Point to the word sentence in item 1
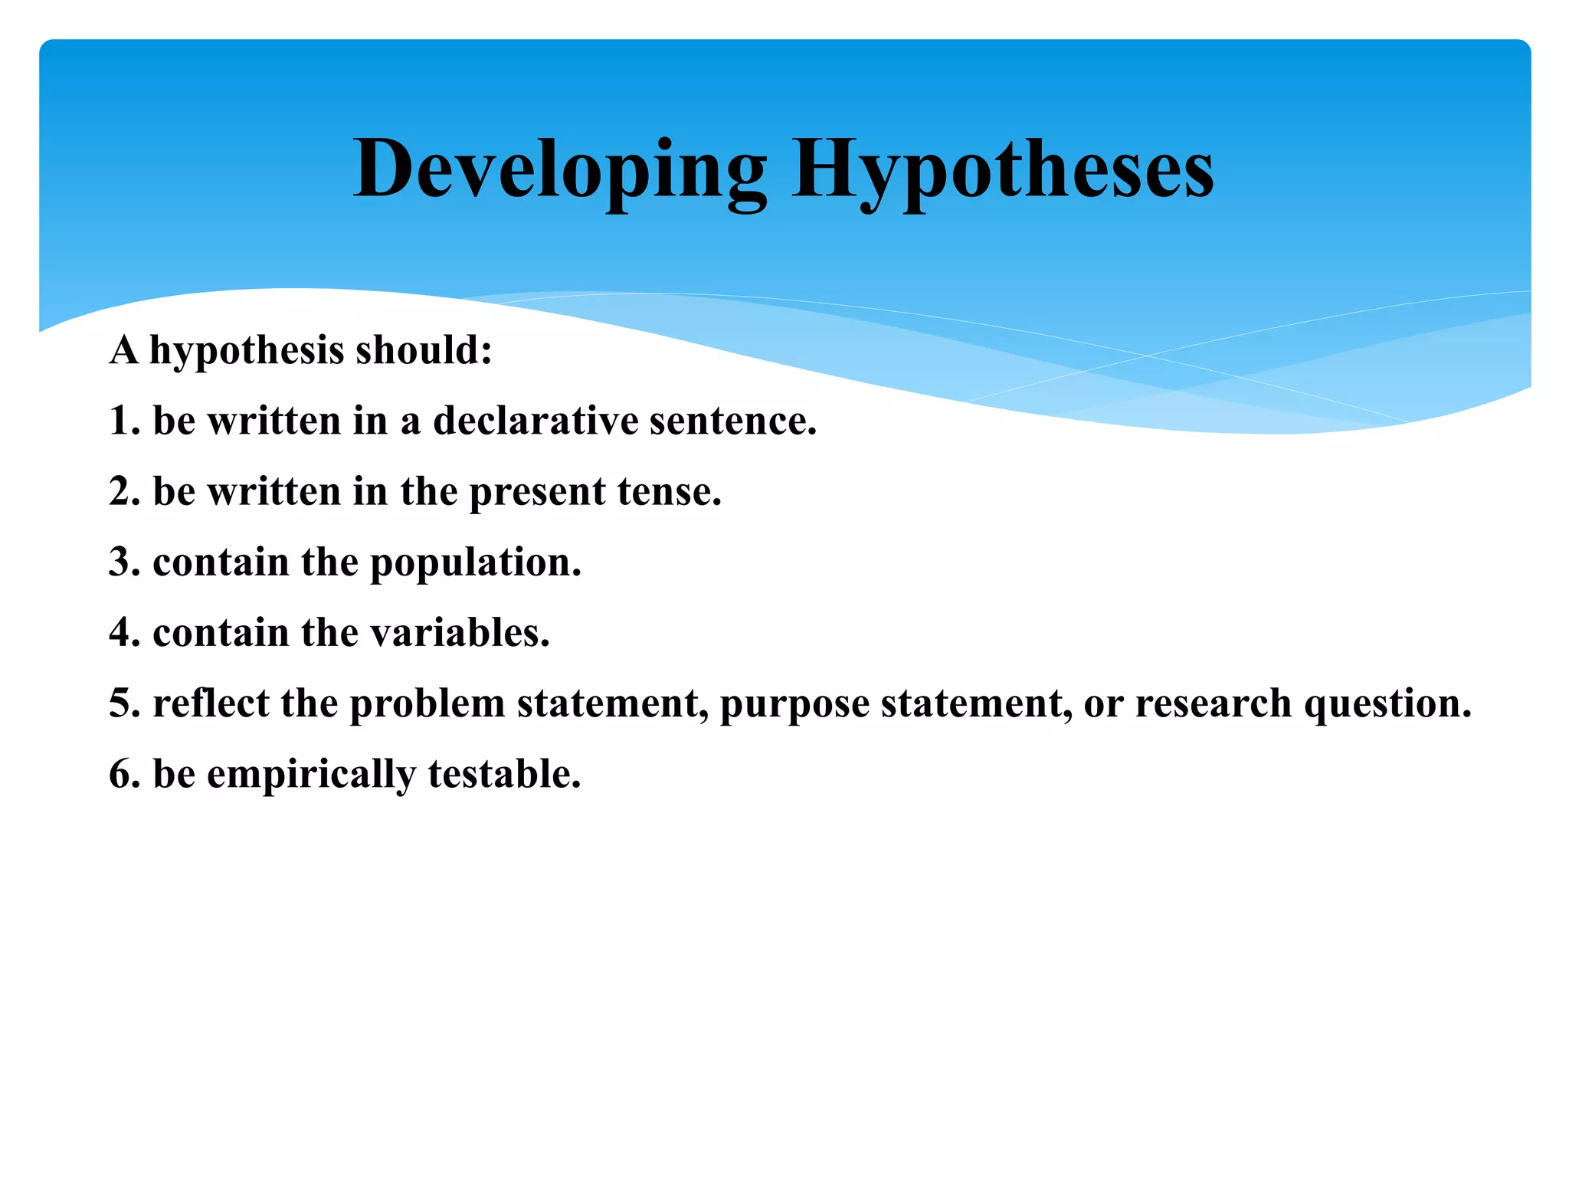click(x=732, y=421)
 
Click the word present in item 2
click(x=537, y=492)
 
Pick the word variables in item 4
click(x=460, y=633)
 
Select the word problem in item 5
click(x=427, y=703)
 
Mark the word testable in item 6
click(x=504, y=774)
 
